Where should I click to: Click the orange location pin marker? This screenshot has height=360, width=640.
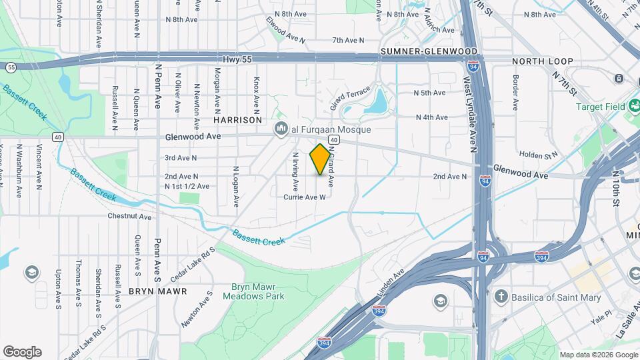click(321, 159)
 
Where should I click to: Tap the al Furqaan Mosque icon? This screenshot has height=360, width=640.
click(281, 129)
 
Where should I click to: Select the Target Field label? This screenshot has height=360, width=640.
click(601, 107)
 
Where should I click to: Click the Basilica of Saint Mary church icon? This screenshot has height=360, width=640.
click(501, 297)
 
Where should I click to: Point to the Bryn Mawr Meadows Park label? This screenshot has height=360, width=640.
click(257, 291)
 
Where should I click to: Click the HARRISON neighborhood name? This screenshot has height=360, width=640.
click(237, 120)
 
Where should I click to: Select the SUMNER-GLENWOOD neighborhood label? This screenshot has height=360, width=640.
click(429, 51)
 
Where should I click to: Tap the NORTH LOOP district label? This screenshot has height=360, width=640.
click(542, 61)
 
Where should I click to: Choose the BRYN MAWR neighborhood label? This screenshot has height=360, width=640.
click(158, 291)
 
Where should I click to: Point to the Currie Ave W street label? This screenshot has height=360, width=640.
click(304, 197)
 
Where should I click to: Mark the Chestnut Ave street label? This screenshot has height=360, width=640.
click(129, 217)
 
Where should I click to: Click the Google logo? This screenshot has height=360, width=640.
click(22, 351)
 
